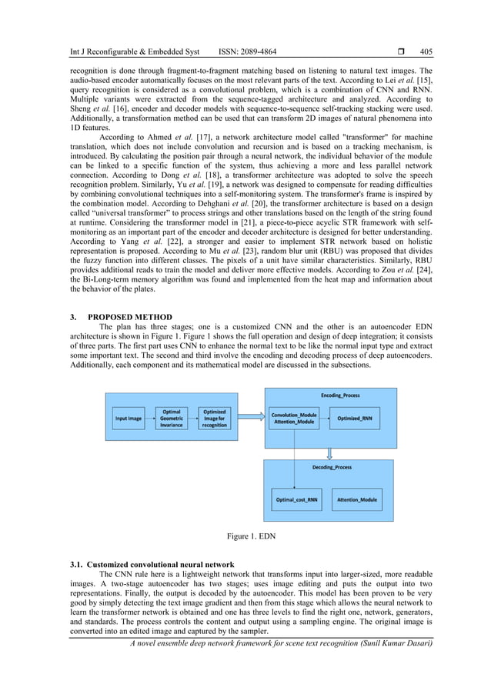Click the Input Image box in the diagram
pyautogui.click(x=129, y=419)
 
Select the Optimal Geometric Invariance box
pyautogui.click(x=172, y=419)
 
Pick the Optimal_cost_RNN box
pyautogui.click(x=296, y=499)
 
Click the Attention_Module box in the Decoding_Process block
pyautogui.click(x=357, y=499)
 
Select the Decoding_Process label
pyautogui.click(x=332, y=467)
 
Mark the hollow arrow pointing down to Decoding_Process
pyautogui.click(x=329, y=452)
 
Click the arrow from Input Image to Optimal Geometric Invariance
pyautogui.click(x=149, y=419)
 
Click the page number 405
pyautogui.click(x=426, y=52)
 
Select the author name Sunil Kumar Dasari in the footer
pyautogui.click(x=397, y=642)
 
